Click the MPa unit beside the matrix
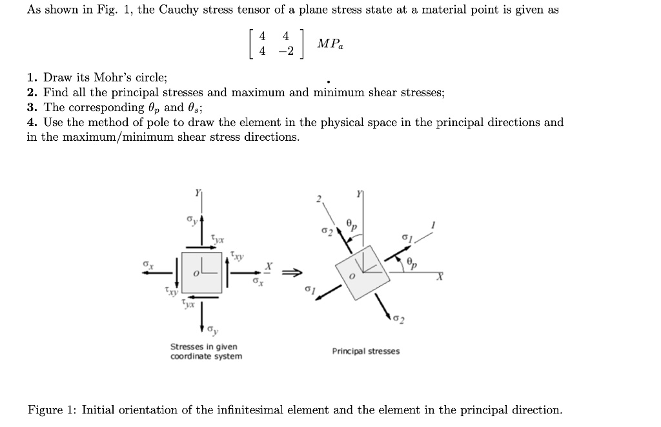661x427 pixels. (x=330, y=45)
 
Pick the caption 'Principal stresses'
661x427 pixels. (x=365, y=351)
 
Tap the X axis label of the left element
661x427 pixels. (x=270, y=266)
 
